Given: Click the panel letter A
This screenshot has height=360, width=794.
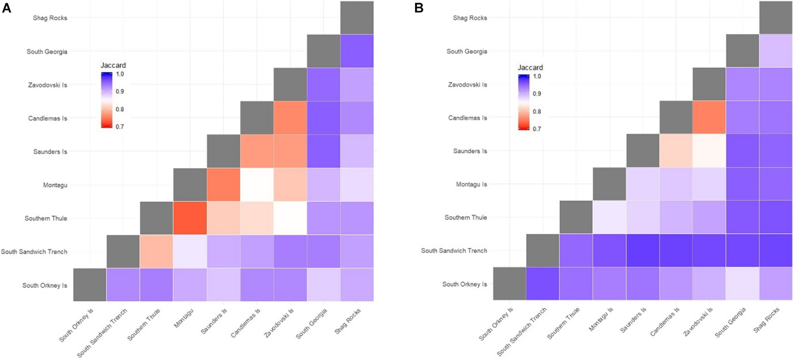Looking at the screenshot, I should (6, 8).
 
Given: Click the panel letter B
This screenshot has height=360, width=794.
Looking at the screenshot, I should (419, 8).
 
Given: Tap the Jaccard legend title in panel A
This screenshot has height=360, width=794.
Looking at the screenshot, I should (113, 65).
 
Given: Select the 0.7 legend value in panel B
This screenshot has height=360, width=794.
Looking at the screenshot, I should (537, 129).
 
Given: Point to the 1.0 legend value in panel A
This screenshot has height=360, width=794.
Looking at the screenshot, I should (120, 74).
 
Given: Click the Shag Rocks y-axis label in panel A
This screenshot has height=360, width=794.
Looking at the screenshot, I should (50, 18).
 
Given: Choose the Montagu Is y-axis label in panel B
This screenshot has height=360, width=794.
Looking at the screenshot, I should (471, 184).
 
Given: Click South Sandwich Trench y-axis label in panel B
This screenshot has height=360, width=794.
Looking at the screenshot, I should (454, 251).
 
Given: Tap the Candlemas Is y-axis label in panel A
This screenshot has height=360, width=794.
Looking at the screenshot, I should (48, 118).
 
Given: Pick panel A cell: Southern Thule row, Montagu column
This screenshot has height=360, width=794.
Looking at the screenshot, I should (190, 218).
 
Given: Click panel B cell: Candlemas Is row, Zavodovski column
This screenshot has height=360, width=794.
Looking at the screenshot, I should (709, 117).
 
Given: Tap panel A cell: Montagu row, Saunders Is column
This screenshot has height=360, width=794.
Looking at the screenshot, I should (223, 185).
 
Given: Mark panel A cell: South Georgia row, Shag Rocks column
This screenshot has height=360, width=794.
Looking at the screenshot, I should (357, 51).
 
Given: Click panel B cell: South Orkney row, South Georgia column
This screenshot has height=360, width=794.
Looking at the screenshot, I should (743, 283).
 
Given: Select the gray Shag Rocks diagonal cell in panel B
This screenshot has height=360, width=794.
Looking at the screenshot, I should (776, 17).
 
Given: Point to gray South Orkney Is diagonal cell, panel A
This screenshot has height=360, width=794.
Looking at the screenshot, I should (90, 285).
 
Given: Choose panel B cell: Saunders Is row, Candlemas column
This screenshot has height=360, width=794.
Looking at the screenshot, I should (676, 151).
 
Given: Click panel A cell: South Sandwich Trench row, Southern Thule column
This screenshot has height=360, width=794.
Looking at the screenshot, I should (156, 251).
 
